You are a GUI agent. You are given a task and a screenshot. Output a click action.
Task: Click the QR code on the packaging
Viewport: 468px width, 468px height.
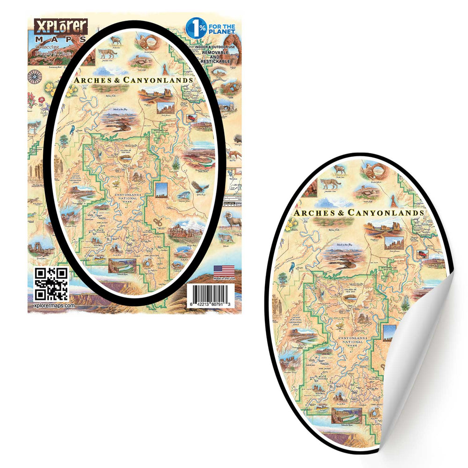click(51, 284)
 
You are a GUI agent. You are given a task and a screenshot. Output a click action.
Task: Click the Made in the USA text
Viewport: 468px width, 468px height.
click(223, 279)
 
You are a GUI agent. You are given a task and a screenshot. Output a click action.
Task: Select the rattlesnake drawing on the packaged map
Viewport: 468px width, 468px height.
click(158, 222)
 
